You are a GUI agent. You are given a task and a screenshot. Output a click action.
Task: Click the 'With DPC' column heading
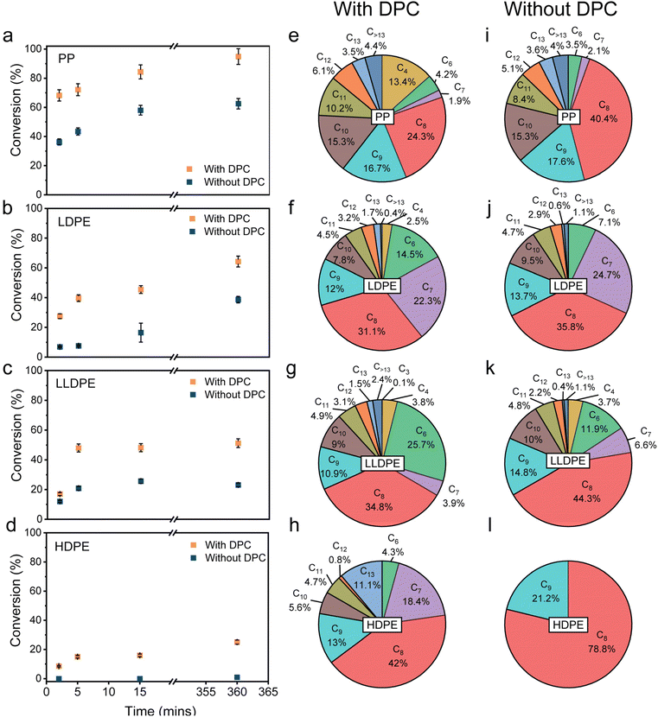(x=400, y=15)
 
